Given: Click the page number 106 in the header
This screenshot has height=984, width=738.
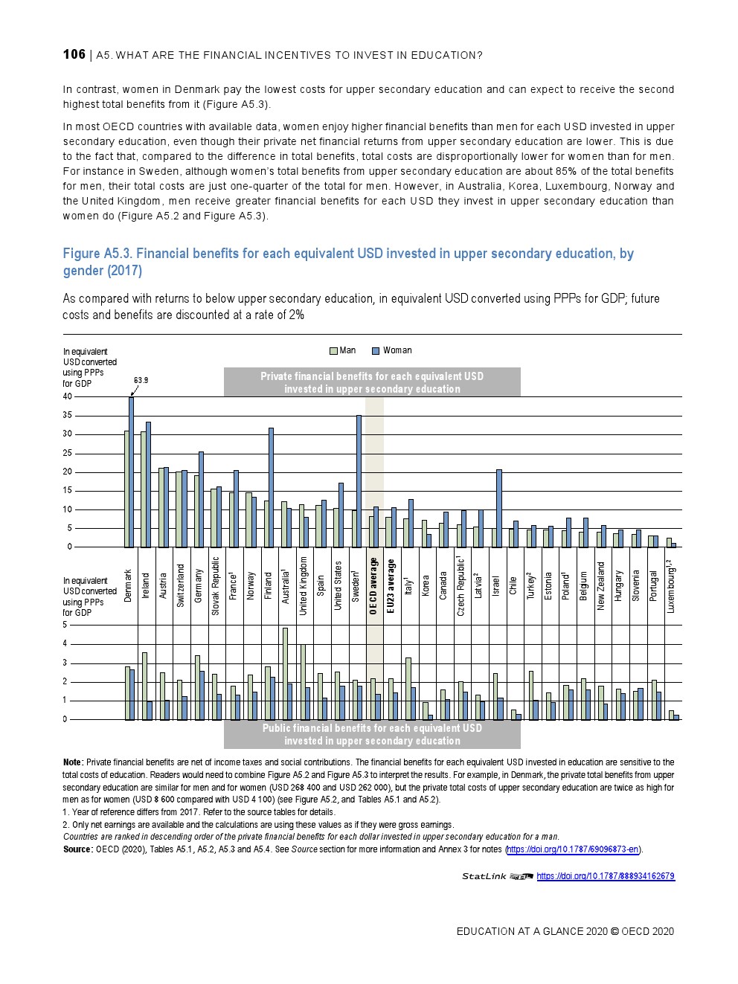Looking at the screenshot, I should tap(74, 54).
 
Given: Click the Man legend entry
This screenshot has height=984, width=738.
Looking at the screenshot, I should tap(343, 350).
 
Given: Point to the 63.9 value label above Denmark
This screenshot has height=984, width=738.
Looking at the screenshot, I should tap(141, 380).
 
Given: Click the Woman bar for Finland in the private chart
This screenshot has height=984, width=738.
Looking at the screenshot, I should tap(271, 487).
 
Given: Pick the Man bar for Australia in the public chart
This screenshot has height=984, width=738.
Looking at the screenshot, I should tap(284, 673).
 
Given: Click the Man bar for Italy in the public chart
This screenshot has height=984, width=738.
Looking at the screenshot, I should tap(408, 688).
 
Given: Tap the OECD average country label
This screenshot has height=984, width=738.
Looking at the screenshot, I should tap(373, 585).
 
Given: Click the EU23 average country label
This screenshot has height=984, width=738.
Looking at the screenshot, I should tap(391, 585).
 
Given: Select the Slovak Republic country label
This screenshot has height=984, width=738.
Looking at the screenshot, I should tap(215, 585).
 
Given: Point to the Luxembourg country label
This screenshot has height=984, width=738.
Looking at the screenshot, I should tap(671, 587).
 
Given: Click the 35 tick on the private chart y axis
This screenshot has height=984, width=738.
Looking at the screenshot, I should tap(68, 415).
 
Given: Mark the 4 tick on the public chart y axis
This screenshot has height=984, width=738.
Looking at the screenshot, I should tap(65, 643).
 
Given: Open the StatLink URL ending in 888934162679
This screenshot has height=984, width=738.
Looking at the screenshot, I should tap(605, 876).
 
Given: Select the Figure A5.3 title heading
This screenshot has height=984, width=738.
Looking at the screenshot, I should tap(348, 261).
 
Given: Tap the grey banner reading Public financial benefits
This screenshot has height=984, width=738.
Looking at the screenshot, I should tap(372, 734).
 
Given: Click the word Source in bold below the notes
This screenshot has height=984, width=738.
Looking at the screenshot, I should tap(77, 849).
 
